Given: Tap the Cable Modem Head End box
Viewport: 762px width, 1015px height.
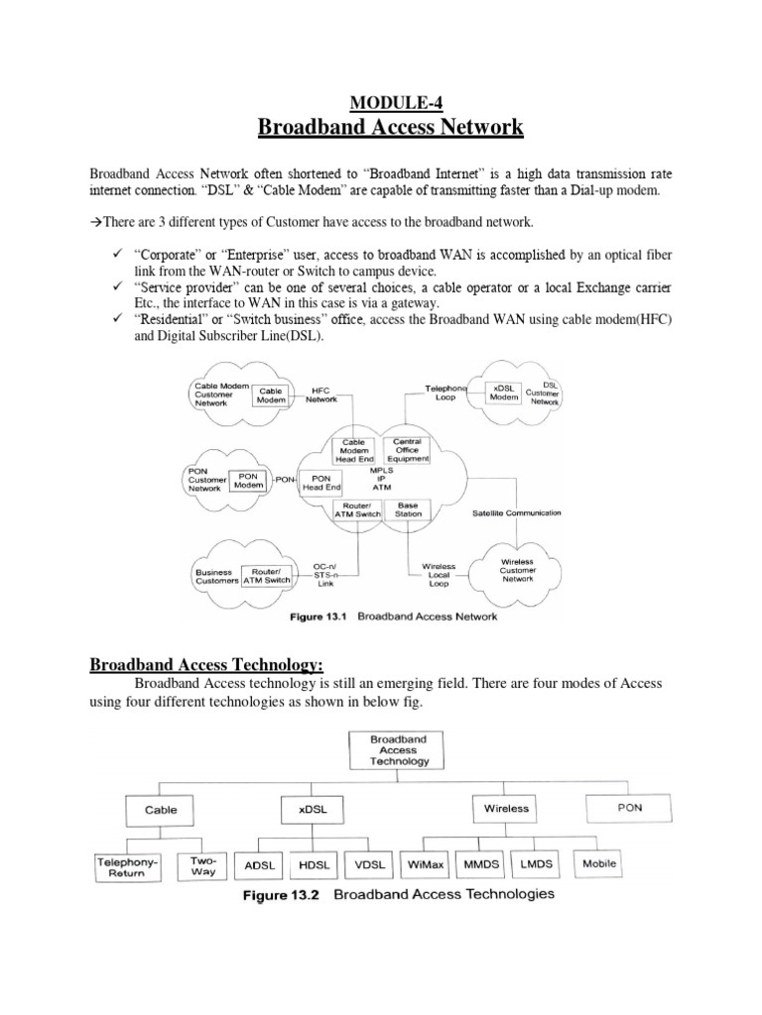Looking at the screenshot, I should click(x=354, y=451).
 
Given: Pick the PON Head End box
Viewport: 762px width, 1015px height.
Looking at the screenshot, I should click(x=319, y=483).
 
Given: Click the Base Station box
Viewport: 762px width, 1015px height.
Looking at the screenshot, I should click(x=408, y=510).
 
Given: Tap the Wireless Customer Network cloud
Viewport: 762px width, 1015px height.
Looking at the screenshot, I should click(x=517, y=570).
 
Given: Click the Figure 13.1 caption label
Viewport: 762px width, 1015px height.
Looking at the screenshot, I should click(x=318, y=617).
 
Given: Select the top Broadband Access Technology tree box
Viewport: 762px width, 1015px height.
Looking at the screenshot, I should click(x=398, y=750).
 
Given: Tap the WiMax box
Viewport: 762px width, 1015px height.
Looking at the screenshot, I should click(x=428, y=864).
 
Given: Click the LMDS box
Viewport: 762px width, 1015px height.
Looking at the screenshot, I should click(x=537, y=864).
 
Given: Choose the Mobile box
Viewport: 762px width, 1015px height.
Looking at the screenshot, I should click(x=598, y=863).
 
